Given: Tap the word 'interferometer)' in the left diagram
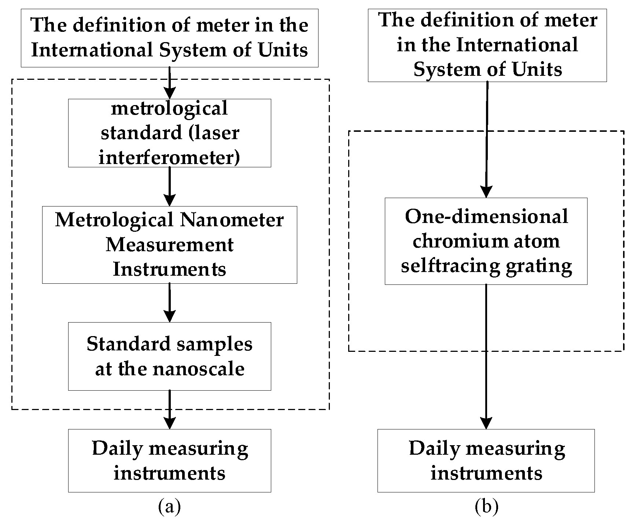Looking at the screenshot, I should coord(169,158).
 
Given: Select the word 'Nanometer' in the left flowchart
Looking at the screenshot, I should coord(232,220).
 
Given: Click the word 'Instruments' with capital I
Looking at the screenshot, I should coord(169,269).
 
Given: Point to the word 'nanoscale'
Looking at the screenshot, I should coord(198,369).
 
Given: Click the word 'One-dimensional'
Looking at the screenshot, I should coord(486,216).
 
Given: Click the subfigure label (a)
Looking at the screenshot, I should coord(169,507).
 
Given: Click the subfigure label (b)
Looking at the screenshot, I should coord(486,507).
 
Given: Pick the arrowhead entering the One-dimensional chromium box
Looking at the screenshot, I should coord(486,192).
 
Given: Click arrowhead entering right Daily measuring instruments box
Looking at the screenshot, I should coord(486,423).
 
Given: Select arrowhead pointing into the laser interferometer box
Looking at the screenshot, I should coord(169,93).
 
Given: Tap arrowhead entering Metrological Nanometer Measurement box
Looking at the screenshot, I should coord(169,200).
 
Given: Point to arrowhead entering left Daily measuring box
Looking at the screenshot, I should coord(169,423).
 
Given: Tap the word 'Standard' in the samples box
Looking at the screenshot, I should coord(119,344).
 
